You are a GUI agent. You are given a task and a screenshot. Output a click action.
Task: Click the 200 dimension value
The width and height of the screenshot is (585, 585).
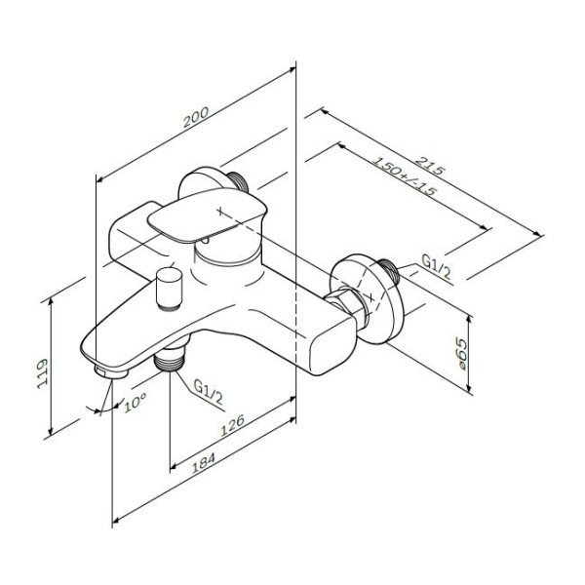click(x=196, y=117)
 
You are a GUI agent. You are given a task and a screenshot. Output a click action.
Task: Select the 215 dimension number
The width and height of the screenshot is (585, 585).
click(x=430, y=166)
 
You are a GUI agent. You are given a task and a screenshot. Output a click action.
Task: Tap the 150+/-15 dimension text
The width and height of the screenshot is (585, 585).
click(x=404, y=176)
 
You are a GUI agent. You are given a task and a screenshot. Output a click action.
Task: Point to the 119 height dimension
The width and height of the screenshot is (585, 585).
click(x=43, y=373)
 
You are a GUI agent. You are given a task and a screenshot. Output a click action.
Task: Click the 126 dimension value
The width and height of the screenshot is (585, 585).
click(x=232, y=425)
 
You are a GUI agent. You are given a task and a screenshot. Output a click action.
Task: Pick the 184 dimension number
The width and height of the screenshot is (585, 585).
click(x=204, y=463)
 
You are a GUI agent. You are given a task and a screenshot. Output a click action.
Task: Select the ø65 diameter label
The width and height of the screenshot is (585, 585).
click(x=461, y=354)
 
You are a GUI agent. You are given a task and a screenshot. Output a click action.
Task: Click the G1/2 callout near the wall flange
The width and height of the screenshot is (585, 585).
click(x=437, y=266)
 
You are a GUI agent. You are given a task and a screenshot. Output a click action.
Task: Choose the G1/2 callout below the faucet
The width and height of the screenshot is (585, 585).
click(x=208, y=392)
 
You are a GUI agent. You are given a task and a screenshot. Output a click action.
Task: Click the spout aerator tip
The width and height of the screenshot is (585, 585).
click(x=111, y=372)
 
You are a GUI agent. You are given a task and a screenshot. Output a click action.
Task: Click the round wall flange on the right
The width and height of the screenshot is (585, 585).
click(x=367, y=298)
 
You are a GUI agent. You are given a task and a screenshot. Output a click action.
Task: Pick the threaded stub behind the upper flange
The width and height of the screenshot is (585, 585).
click(x=238, y=183)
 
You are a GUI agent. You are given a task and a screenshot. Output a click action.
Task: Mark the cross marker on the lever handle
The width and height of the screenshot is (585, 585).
click(x=220, y=212)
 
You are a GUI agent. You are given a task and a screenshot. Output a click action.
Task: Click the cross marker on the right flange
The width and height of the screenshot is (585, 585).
click(x=370, y=297)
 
